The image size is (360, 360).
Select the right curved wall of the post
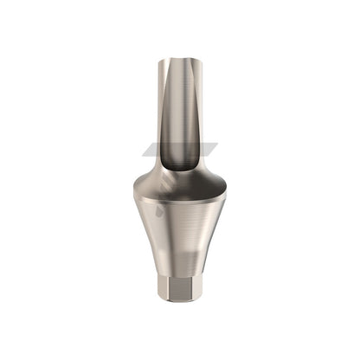[x=200, y=112]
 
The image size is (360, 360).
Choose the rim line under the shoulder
[x=179, y=203]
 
